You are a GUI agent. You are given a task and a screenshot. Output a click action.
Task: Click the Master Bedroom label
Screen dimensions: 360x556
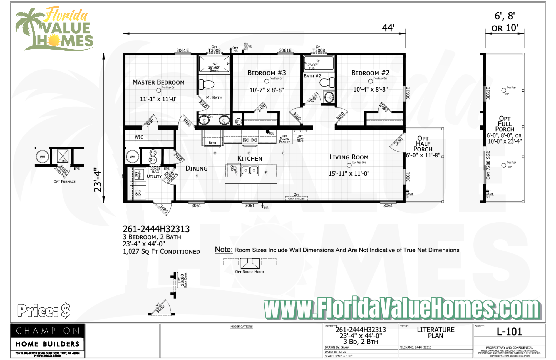coord(158,82)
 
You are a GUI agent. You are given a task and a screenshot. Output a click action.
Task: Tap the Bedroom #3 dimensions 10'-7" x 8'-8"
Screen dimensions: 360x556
coord(267,90)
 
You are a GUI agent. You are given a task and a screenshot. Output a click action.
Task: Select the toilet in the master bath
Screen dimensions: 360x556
coord(207,84)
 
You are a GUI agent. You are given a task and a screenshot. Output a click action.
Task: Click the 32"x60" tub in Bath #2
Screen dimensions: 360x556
coord(319,63)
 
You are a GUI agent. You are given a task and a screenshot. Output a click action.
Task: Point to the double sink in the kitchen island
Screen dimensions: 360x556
coord(250,170)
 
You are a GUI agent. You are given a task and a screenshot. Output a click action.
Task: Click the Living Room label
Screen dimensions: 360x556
coord(349,157)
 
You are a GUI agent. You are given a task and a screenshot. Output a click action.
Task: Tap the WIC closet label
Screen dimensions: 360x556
coord(139,137)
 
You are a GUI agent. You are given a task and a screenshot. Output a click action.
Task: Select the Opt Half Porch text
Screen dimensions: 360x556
coord(423,144)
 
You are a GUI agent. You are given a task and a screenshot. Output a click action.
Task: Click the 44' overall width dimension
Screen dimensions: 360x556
coord(388,28)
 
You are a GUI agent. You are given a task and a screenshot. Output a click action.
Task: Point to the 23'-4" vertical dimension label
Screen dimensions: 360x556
coord(98,180)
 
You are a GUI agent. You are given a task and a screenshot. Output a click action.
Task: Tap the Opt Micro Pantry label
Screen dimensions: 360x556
coord(284,139)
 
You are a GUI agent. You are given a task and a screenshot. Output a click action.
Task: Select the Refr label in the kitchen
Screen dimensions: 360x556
coord(212,143)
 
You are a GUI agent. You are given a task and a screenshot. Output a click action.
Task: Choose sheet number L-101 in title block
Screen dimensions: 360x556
coord(509,332)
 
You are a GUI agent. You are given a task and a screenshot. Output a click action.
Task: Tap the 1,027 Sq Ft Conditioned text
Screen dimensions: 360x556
coord(161,252)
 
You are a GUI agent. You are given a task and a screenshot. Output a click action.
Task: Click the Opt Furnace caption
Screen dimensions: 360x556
coord(64,181)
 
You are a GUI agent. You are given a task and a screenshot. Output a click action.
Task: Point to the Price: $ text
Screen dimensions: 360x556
coord(44,310)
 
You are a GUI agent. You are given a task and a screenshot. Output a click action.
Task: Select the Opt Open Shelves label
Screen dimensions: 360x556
coord(296,197)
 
